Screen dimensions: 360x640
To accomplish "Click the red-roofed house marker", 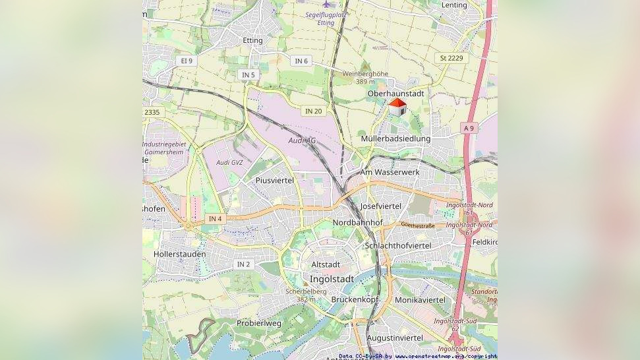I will [397, 107].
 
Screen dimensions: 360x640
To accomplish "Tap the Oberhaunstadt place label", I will [395, 94].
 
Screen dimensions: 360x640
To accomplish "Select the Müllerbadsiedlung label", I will [395, 138].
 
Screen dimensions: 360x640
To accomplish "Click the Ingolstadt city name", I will [332, 279].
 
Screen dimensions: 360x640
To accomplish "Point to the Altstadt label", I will [326, 264].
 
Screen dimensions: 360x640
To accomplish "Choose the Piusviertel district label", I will [274, 180].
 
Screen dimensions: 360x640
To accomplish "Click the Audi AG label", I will [302, 140].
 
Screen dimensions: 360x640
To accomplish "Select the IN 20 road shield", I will [314, 111].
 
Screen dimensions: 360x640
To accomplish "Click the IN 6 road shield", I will [301, 61].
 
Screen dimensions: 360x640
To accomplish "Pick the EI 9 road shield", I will [187, 61].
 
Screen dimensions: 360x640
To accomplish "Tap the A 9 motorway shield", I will [468, 128].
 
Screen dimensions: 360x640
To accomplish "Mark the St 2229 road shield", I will [451, 58].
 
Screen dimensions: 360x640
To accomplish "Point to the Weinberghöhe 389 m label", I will [365, 77].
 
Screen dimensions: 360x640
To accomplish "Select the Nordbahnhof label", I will [357, 223].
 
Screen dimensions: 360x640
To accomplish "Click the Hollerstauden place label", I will [179, 254].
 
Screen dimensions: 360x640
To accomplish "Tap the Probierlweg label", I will [259, 323].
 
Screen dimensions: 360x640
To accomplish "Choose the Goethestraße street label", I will [418, 225].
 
